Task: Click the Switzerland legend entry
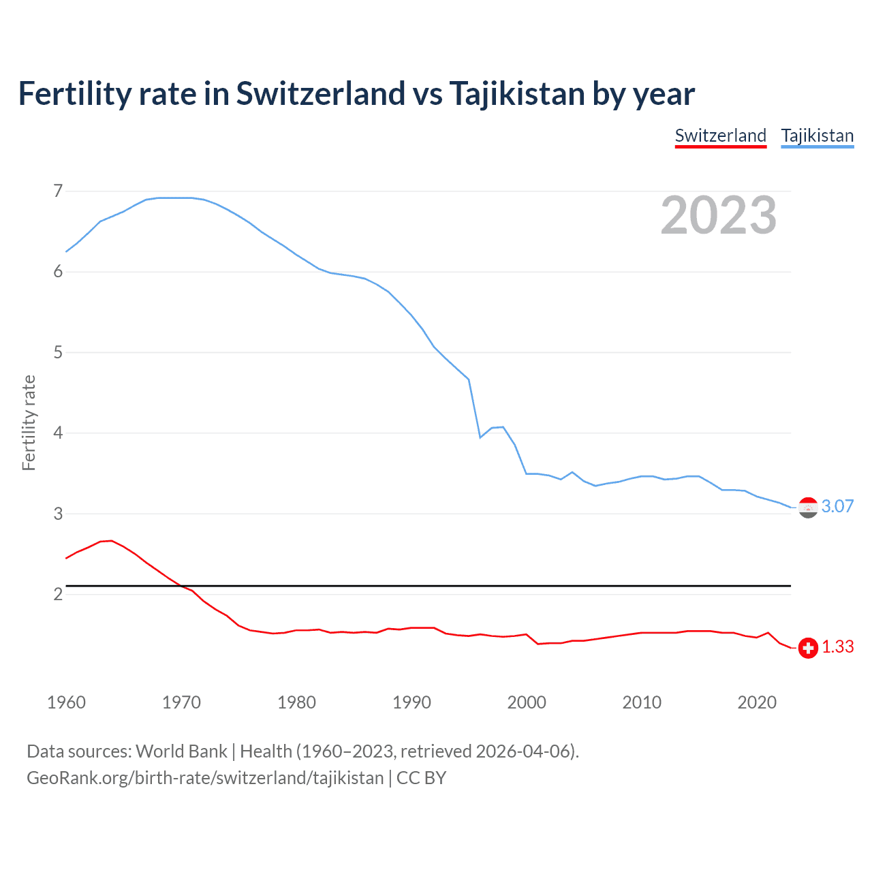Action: pos(720,136)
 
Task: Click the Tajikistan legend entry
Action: pos(817,136)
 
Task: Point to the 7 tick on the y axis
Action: pos(58,191)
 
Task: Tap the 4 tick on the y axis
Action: pos(58,433)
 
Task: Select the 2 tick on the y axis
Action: pos(58,594)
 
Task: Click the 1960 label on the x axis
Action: pos(66,702)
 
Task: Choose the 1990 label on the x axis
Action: pos(411,702)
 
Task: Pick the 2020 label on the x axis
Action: pos(757,702)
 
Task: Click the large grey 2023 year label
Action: pos(718,215)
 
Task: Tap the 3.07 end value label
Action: pos(837,506)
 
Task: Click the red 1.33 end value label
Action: pos(837,647)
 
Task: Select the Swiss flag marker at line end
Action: pos(808,648)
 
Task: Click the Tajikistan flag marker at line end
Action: pos(808,508)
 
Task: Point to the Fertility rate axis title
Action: pos(29,422)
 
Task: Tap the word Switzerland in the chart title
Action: pos(320,94)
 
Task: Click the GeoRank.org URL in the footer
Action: pos(204,778)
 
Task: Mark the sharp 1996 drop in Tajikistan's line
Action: pos(475,409)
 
